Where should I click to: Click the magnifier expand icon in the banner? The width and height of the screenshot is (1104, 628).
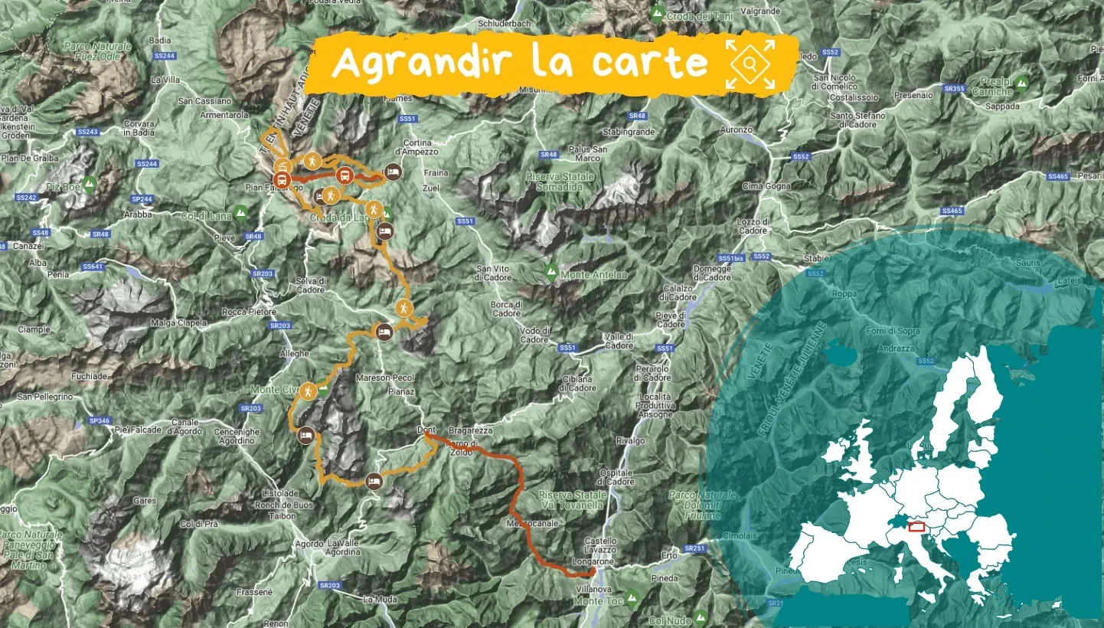click(750, 64)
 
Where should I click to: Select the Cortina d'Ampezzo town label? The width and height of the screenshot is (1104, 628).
click(418, 147)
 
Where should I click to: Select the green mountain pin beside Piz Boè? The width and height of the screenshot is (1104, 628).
click(90, 184)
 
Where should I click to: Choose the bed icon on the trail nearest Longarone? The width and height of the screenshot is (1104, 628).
click(374, 480)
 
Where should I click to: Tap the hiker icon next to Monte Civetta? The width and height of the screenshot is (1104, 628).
click(309, 391)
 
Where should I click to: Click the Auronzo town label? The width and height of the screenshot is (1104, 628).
click(736, 130)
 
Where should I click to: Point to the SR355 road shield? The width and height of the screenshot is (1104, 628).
click(954, 89)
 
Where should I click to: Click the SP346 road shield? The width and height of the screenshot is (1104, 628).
click(100, 420)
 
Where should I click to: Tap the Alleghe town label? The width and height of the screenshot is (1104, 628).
click(295, 353)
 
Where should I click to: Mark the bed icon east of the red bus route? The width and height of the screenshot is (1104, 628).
click(394, 171)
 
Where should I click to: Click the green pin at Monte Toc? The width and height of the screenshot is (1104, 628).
click(632, 596)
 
